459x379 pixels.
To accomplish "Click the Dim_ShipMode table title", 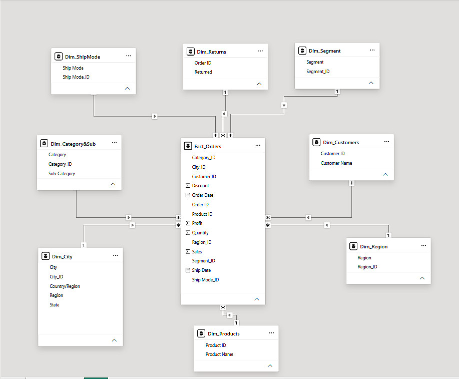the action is [x=83, y=57].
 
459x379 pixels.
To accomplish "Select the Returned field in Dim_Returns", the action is [x=203, y=72].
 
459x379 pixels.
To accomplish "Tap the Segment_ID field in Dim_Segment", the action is [x=318, y=72].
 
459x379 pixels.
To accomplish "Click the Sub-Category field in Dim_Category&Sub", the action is [x=62, y=174].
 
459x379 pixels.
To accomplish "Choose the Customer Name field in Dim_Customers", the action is [x=336, y=163].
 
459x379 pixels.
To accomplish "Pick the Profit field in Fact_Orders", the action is [x=197, y=223].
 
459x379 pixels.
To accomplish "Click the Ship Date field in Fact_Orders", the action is [x=201, y=270].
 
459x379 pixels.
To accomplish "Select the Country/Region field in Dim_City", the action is [x=65, y=286].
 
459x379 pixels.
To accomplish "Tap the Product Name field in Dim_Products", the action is [x=219, y=354].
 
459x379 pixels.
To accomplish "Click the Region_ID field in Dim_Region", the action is [x=367, y=267].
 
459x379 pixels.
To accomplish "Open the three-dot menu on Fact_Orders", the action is [x=258, y=145].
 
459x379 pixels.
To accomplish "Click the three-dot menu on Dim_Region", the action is [x=423, y=245].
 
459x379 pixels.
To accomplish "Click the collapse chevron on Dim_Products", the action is [x=270, y=366].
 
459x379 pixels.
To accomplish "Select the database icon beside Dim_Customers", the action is [x=316, y=142].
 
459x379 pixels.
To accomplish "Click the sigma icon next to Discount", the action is [x=188, y=186].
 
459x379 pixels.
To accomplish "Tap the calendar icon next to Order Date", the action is [x=188, y=195].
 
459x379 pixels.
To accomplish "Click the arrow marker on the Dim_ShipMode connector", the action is [x=155, y=116].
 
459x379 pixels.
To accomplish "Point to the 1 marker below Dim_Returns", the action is [x=225, y=92].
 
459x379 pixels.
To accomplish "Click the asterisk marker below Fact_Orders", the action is [x=223, y=307].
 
